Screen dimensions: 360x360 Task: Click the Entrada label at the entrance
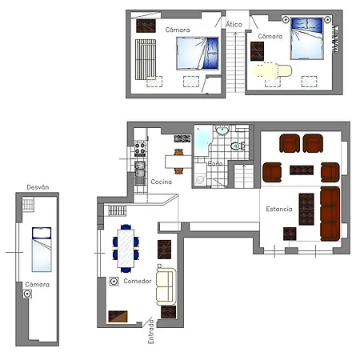150,331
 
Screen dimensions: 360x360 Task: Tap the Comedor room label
138,281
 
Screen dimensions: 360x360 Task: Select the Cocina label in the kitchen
161,182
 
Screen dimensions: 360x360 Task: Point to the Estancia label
279,209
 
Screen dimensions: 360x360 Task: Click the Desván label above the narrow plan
38,187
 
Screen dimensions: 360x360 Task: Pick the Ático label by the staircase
234,24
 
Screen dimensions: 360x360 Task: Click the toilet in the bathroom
238,146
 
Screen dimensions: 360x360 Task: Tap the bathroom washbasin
222,130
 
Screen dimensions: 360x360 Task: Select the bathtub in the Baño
202,141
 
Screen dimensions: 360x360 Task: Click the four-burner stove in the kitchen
140,150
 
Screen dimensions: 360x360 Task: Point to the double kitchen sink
140,170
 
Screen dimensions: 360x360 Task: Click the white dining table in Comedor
126,249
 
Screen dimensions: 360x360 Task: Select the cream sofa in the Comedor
166,286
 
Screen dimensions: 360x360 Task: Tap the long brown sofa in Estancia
330,214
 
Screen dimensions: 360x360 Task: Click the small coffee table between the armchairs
302,170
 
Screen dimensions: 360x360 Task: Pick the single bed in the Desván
42,250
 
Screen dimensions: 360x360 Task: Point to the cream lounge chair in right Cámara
273,70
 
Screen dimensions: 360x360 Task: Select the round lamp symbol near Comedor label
114,282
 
